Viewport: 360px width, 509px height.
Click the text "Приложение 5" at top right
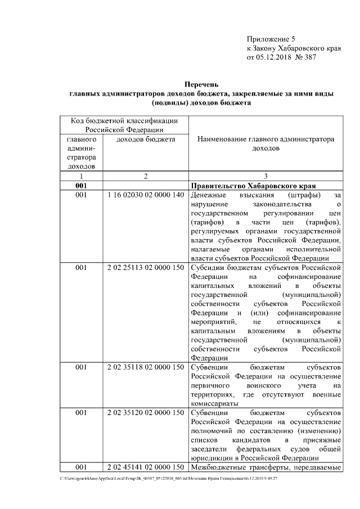(271, 39)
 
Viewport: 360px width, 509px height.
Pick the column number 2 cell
(145, 176)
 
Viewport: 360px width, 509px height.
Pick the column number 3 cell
(265, 176)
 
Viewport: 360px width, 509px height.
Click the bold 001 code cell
(80, 186)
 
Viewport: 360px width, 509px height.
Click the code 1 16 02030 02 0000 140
(145, 195)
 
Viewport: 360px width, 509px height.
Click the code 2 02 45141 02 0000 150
(145, 467)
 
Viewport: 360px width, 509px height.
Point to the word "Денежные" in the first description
(208, 195)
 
